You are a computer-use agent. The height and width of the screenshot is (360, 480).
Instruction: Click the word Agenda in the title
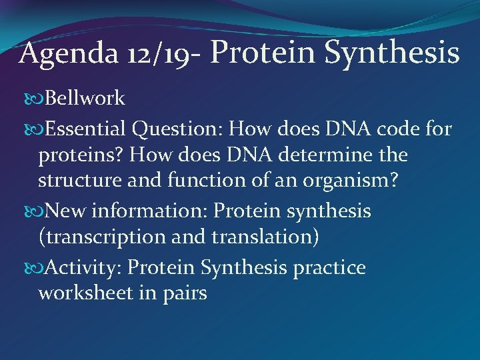click(57, 53)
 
